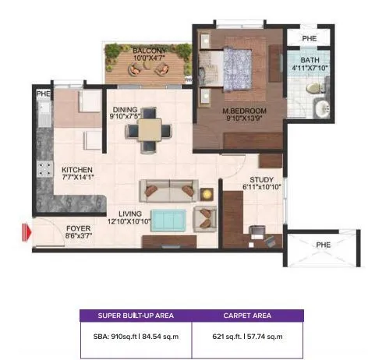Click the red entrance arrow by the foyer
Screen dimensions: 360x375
point(26,231)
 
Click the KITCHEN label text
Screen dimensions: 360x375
point(78,169)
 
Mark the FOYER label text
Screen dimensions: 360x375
point(78,229)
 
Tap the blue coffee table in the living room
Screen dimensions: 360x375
point(168,220)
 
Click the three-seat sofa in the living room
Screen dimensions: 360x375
point(167,190)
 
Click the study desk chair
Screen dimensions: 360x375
point(257,231)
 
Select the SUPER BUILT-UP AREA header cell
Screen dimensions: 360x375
point(136,316)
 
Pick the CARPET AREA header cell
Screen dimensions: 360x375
point(247,316)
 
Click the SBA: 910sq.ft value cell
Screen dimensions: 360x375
point(136,336)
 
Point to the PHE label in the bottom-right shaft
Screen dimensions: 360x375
point(322,244)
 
